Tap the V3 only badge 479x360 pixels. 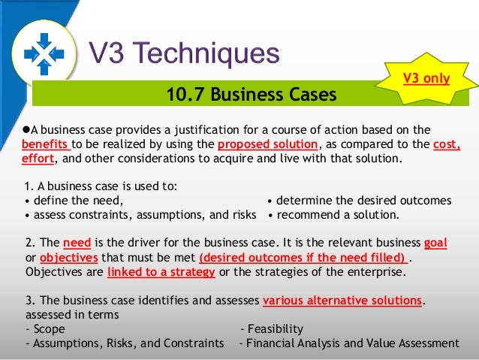[426, 78]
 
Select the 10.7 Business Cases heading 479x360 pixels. [252, 95]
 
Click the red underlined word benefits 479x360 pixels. [46, 144]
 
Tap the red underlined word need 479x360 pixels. [77, 244]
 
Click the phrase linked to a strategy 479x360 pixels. [161, 272]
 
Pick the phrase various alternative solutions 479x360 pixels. [342, 301]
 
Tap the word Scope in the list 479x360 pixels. [49, 329]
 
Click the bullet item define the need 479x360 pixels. [74, 201]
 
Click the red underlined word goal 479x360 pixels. [435, 244]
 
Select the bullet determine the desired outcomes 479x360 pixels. [360, 201]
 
